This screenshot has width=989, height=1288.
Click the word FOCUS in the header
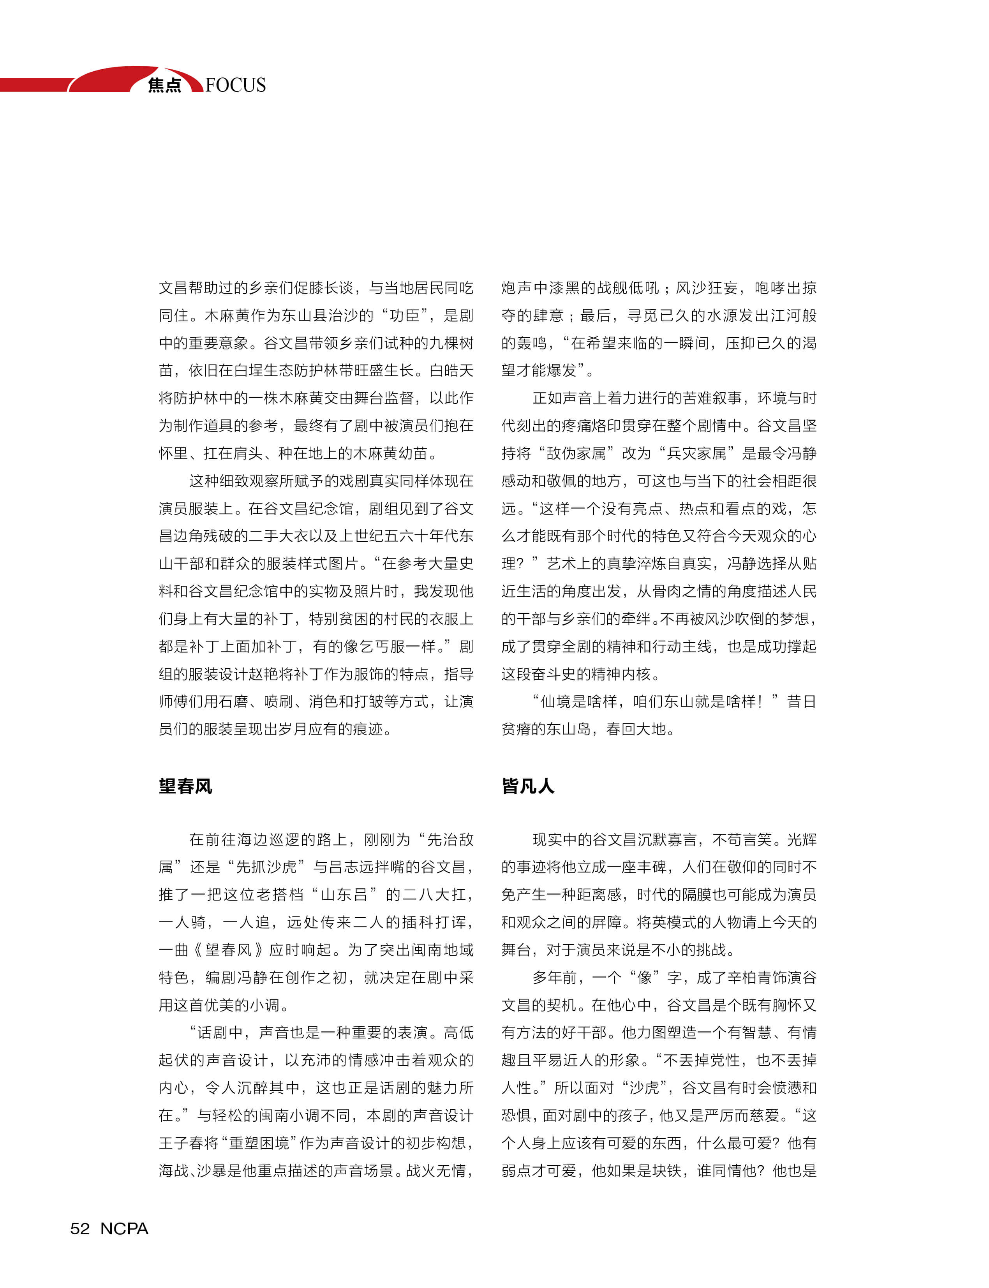(x=236, y=85)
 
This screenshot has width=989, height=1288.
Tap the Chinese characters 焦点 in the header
(x=164, y=85)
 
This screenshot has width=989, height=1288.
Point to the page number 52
(x=80, y=1228)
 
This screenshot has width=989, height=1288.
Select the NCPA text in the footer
(x=124, y=1228)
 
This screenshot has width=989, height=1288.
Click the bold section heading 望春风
(x=185, y=786)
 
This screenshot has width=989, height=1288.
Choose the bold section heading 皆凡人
(x=528, y=786)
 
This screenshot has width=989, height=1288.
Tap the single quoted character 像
(x=645, y=978)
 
